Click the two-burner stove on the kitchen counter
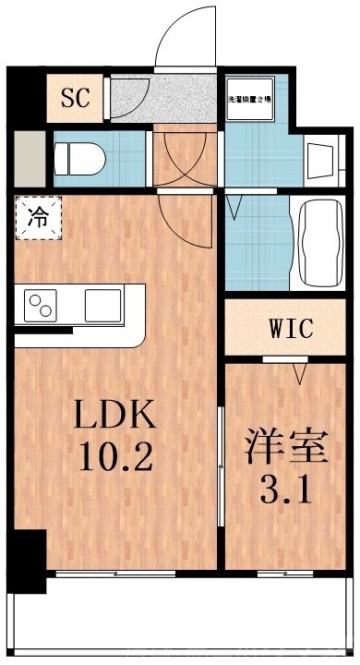tap(42, 304)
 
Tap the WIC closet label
tap(292, 328)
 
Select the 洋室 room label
tap(286, 449)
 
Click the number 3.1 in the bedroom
tap(286, 490)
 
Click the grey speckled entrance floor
tap(175, 96)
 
